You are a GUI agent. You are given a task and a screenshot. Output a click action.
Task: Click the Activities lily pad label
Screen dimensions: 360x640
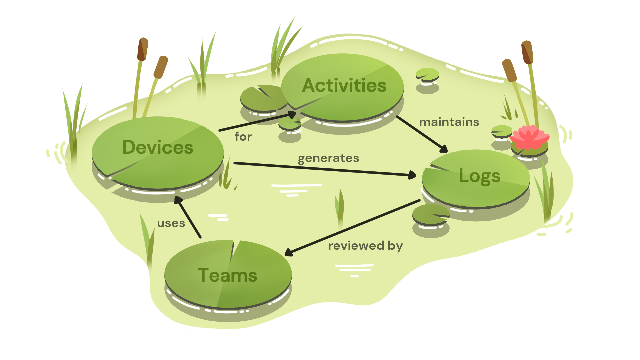[344, 85]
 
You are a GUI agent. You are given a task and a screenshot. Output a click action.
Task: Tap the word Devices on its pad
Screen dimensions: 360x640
[158, 147]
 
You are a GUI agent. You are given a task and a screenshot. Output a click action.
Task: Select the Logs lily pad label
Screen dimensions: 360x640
[479, 176]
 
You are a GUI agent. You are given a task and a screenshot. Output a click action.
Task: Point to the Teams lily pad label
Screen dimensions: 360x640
[227, 275]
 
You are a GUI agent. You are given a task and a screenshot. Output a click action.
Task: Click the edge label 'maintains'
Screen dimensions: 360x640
[449, 122]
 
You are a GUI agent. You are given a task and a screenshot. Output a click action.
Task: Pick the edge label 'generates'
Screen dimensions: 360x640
[328, 158]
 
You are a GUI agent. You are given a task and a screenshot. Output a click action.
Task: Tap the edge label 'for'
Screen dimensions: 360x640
[243, 137]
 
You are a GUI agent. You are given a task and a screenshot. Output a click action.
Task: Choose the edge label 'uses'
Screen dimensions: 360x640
[171, 223]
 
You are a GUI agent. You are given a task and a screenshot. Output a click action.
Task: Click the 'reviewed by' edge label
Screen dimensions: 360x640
[365, 246]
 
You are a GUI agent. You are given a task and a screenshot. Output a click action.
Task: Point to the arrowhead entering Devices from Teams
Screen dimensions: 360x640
[178, 200]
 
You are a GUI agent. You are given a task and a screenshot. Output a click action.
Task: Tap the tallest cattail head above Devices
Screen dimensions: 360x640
[143, 49]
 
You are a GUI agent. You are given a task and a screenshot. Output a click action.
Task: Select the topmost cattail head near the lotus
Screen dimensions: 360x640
[527, 52]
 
